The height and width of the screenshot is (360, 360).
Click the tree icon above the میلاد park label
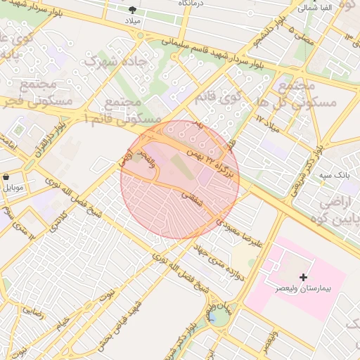[133, 9]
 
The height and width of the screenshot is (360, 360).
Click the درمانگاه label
[192, 4]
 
